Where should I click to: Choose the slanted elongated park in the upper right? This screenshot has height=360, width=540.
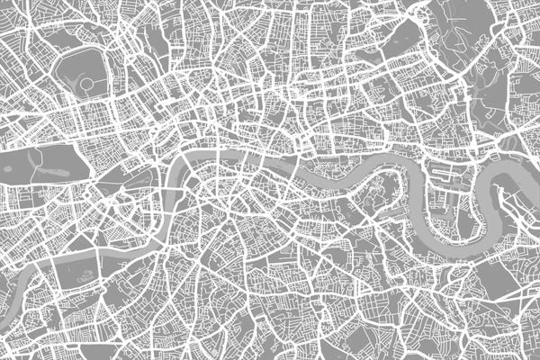[x=400, y=40]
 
